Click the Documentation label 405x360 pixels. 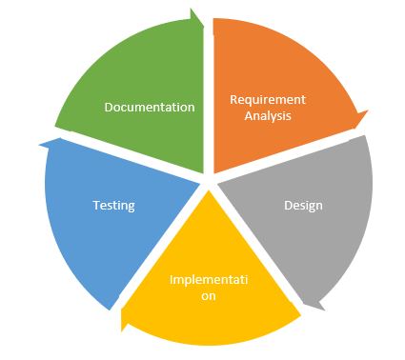pos(149,107)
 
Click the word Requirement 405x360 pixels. pos(268,99)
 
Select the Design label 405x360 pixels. pos(303,205)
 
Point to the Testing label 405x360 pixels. pos(113,205)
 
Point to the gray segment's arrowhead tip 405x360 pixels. pos(306,307)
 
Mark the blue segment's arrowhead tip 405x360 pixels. pos(40,144)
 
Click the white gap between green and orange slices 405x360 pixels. pos(208,95)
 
